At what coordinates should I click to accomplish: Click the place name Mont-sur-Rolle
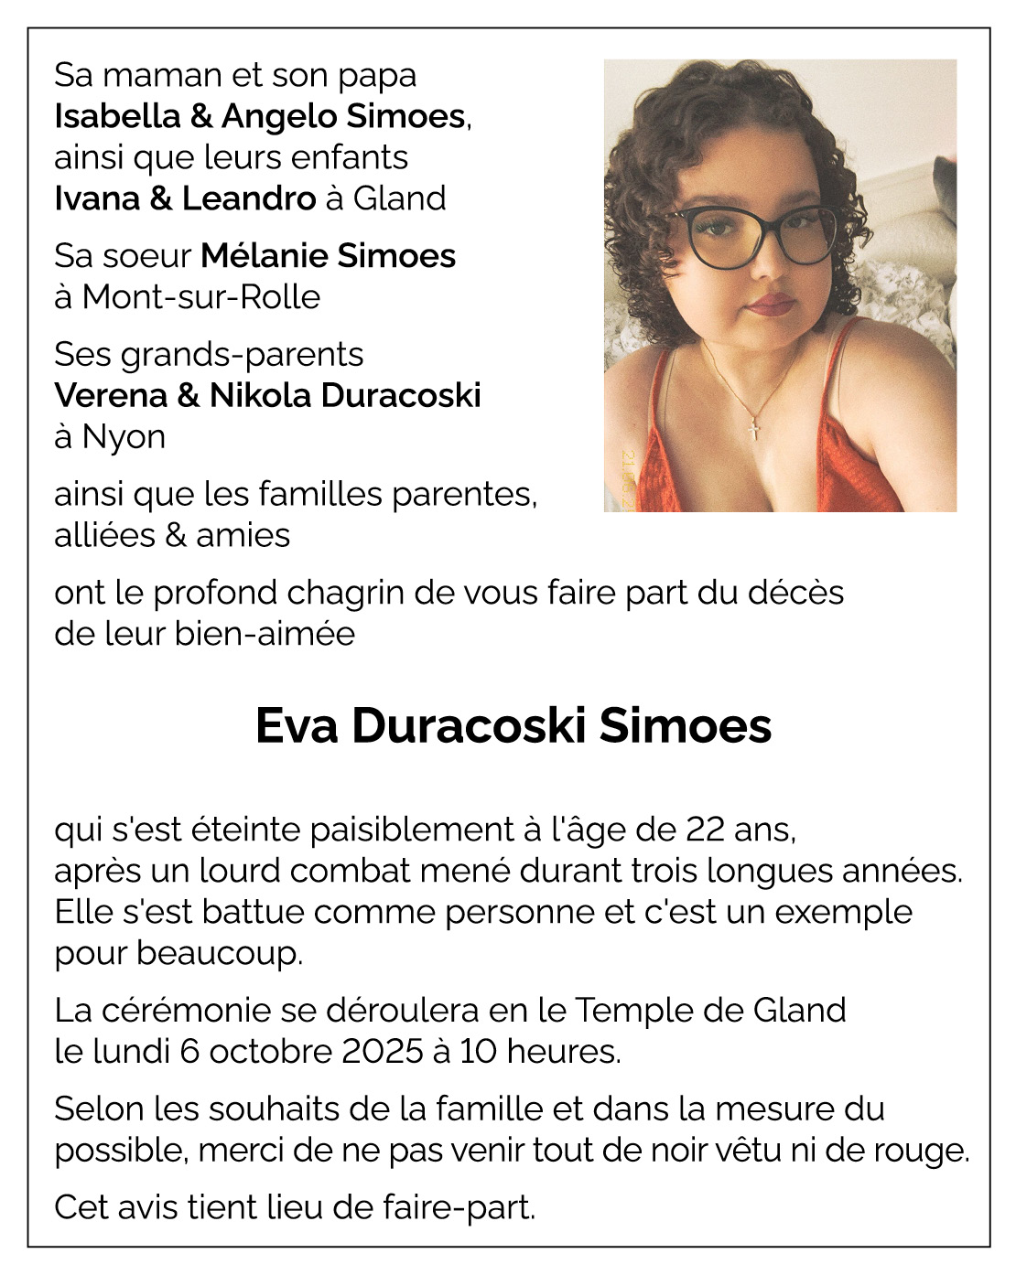point(200,296)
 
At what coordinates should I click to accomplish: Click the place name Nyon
point(124,436)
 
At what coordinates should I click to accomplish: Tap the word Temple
point(632,1010)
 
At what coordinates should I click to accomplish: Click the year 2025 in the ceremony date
point(383,1051)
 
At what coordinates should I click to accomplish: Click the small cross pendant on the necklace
point(753,429)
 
